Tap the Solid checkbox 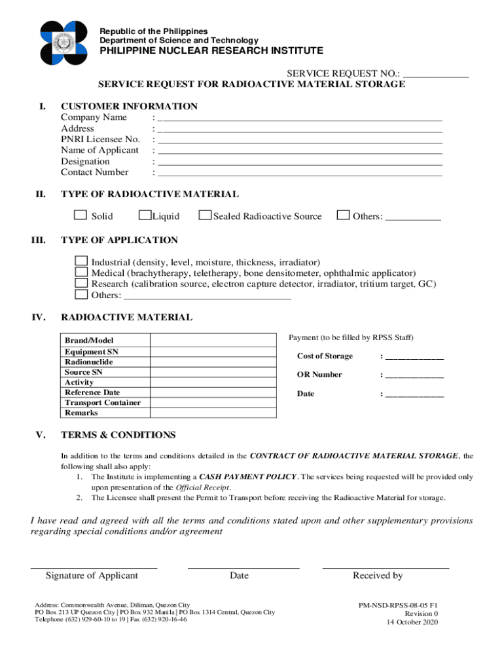[x=80, y=216]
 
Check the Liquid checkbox [x=145, y=216]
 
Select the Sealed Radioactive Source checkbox [x=205, y=216]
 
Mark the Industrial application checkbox [x=81, y=261]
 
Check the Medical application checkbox [x=81, y=272]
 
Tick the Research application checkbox [x=81, y=283]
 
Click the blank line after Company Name [x=300, y=120]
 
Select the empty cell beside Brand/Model [x=213, y=341]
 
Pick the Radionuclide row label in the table [x=88, y=362]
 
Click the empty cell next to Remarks [x=213, y=413]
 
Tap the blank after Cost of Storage [x=414, y=358]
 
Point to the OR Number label [x=319, y=375]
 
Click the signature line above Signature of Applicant [x=94, y=567]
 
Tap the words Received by [x=378, y=575]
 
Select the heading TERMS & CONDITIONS [x=118, y=435]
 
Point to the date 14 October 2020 [x=412, y=623]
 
